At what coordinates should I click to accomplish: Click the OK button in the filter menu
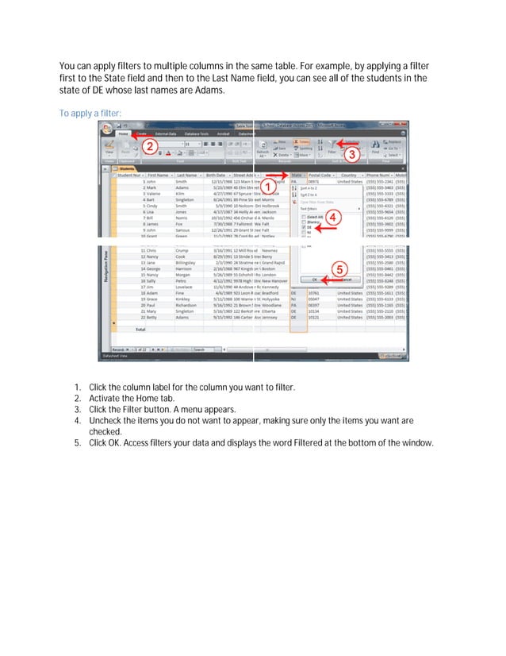coord(314,280)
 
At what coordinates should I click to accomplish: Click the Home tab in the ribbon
coord(124,133)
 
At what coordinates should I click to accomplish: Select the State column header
coord(297,175)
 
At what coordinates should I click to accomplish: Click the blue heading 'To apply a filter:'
coord(90,114)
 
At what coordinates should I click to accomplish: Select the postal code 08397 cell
coord(313,303)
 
